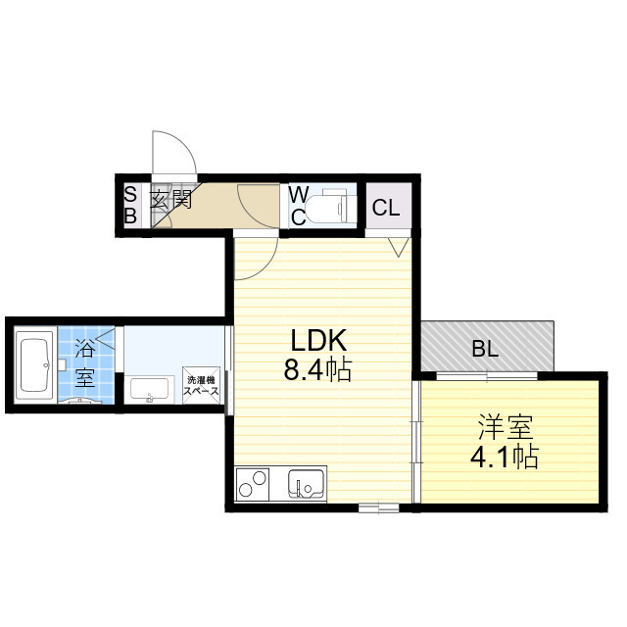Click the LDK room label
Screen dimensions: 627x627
pos(318,342)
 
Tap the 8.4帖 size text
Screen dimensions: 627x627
pos(318,371)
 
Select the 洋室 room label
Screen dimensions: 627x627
pos(506,427)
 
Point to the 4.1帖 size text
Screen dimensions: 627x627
pos(506,457)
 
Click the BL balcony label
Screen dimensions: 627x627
pos(484,347)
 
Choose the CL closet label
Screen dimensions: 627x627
pos(386,208)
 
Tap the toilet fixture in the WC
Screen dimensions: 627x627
pos(329,206)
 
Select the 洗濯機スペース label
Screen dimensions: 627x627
pos(201,386)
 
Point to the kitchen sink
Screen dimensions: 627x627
pos(305,484)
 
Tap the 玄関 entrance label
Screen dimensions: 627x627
pos(170,201)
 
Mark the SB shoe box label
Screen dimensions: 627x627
pos(129,206)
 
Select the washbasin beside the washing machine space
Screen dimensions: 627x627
pos(150,390)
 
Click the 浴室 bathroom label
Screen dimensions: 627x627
pos(84,362)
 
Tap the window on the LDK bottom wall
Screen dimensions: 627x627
pos(377,507)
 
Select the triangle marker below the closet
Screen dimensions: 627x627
pos(399,245)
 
